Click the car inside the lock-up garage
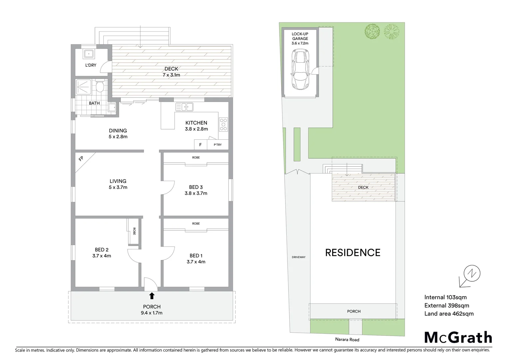pos(300,70)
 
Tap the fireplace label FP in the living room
pos(81,159)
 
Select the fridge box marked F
pos(200,145)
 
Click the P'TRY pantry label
pos(218,145)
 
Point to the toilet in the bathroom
pos(100,87)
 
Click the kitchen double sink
pos(185,107)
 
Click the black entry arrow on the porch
pos(152,295)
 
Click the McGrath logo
pos(458,337)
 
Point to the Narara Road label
pos(347,340)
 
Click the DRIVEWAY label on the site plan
pos(298,257)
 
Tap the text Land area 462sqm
pos(449,314)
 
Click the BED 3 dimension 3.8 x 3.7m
pos(196,193)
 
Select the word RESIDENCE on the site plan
pos(352,253)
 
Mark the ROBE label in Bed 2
pos(134,231)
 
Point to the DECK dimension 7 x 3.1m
pos(171,75)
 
